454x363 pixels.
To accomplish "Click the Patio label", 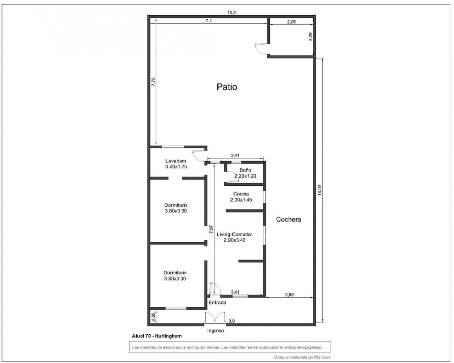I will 227,87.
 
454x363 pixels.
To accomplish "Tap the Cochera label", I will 289,219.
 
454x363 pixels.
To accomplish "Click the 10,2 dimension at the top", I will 232,13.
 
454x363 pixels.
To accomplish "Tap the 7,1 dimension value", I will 209,21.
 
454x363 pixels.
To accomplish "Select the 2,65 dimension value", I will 291,22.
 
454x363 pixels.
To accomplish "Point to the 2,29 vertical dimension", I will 310,37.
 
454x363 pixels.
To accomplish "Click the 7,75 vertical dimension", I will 153,83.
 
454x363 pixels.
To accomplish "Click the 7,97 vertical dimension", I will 211,229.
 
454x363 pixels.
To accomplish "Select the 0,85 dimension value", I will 153,317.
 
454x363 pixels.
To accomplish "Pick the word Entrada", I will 217,303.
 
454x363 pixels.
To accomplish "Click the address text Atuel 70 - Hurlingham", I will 156,335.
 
